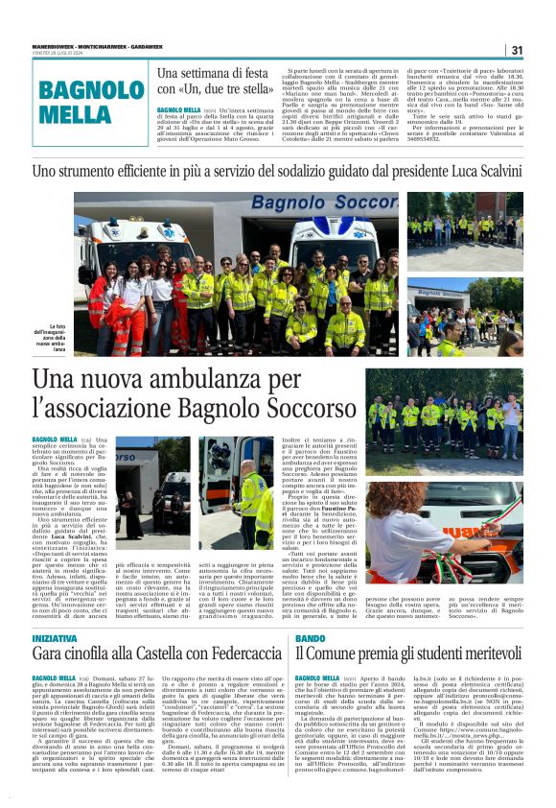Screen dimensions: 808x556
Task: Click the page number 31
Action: pos(517,50)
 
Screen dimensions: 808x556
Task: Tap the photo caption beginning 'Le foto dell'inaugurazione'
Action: pos(50,335)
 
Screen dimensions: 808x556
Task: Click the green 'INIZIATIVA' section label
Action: pos(55,639)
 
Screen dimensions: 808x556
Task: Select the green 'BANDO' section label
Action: pos(311,639)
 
